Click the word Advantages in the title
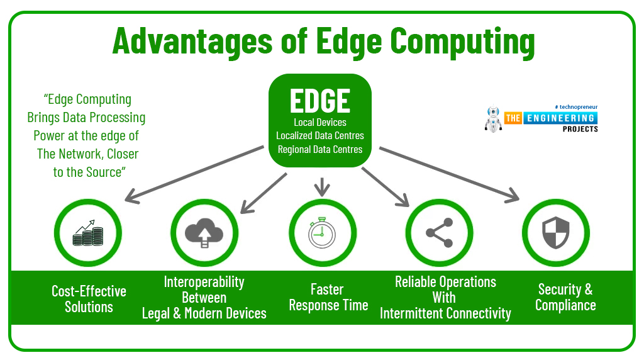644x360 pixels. (192, 41)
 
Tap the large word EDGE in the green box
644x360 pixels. (320, 101)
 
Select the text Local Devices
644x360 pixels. (320, 123)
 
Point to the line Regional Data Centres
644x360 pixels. (320, 150)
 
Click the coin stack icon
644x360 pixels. (88, 233)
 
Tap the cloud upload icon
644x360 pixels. (204, 233)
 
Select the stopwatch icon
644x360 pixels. (322, 233)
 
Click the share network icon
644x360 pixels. (440, 233)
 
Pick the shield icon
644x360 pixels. (556, 233)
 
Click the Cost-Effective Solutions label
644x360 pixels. (89, 299)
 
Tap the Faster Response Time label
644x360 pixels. (328, 297)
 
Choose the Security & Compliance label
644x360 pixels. (565, 297)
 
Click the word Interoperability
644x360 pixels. (204, 282)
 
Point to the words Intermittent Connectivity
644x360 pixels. (445, 313)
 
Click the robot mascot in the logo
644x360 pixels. (493, 119)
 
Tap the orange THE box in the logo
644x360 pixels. (513, 118)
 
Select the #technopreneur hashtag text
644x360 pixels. (576, 107)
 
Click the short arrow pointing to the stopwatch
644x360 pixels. (322, 187)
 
